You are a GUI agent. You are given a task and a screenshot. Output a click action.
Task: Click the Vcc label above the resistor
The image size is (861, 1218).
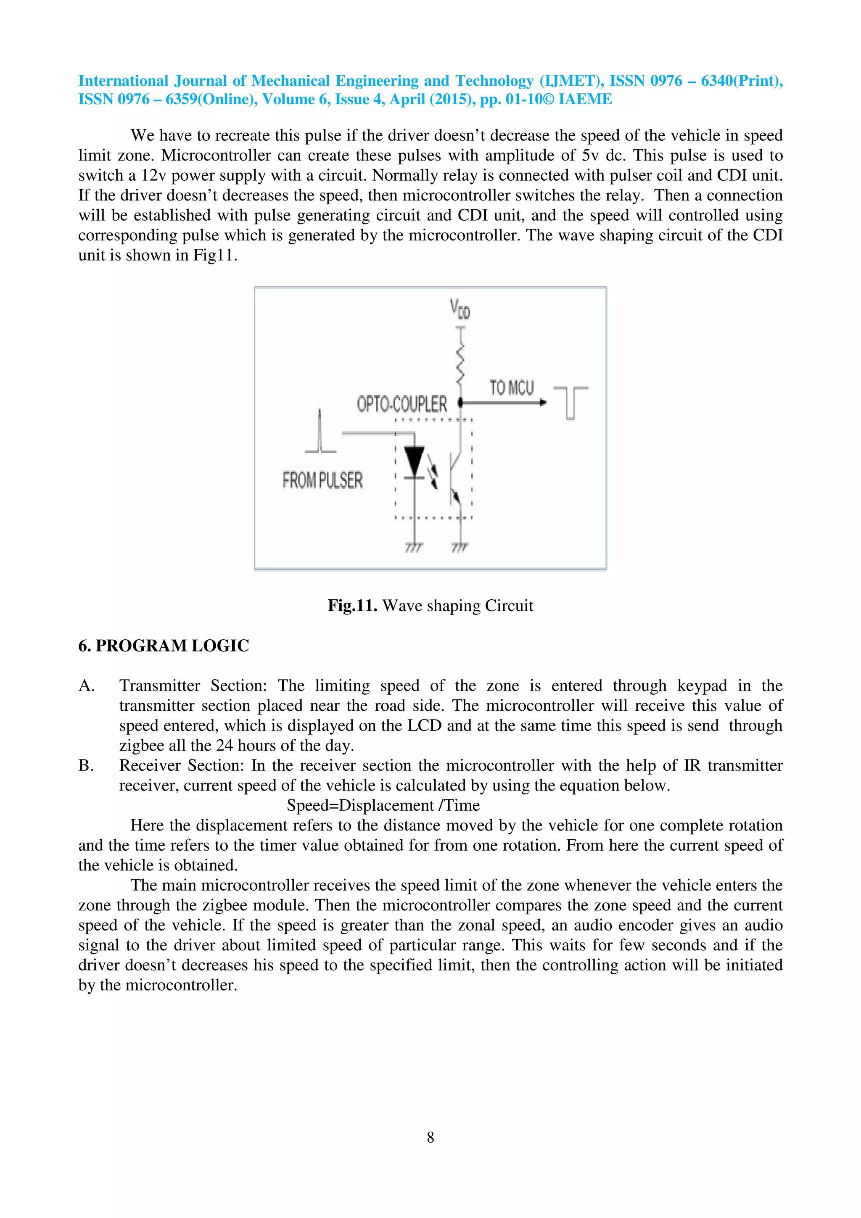(x=460, y=309)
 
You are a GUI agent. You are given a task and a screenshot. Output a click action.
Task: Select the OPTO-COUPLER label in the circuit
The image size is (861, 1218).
(x=401, y=404)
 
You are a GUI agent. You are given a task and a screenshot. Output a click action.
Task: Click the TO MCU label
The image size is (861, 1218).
(x=511, y=388)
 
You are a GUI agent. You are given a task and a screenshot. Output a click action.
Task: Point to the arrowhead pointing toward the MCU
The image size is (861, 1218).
(x=542, y=403)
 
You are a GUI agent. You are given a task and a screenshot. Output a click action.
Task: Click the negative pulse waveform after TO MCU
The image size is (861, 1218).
(x=570, y=403)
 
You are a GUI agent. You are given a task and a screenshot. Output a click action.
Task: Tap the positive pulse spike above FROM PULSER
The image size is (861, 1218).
(x=320, y=431)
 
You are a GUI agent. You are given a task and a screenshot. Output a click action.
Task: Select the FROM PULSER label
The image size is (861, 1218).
(x=322, y=480)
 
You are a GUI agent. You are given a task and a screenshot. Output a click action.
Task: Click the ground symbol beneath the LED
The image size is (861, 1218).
(x=414, y=547)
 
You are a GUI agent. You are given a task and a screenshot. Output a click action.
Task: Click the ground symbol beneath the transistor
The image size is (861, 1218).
(x=460, y=547)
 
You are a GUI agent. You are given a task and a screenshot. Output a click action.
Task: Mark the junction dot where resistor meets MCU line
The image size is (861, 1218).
(x=460, y=403)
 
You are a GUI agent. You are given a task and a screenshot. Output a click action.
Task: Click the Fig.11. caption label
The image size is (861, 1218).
(x=352, y=605)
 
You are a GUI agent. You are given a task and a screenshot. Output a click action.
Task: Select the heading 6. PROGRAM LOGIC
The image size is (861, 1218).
(x=164, y=646)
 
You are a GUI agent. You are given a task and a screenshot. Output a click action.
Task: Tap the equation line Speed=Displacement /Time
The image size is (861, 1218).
(x=383, y=805)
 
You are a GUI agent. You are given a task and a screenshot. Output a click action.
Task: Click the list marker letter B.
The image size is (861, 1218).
(x=85, y=765)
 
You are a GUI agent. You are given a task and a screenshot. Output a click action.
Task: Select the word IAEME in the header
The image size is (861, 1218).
(x=585, y=99)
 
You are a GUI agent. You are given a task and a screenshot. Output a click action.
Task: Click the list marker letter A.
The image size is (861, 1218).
(x=86, y=686)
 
